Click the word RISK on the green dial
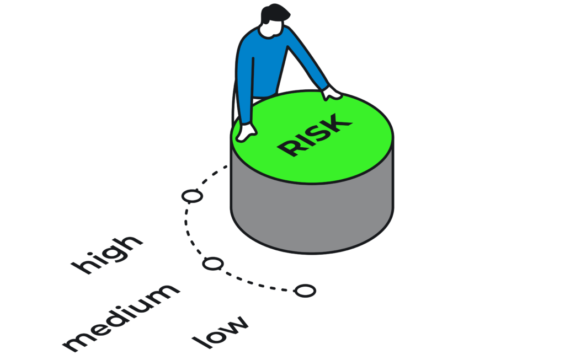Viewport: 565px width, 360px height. coord(314,135)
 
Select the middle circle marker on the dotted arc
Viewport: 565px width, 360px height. coord(213,264)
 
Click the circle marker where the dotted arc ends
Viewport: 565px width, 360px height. coord(305,291)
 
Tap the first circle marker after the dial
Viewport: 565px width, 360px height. coord(192,196)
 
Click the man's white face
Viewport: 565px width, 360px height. coord(271,29)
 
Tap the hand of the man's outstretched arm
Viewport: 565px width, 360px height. coord(332,94)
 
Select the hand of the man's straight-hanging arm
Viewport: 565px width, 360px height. coord(247,132)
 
